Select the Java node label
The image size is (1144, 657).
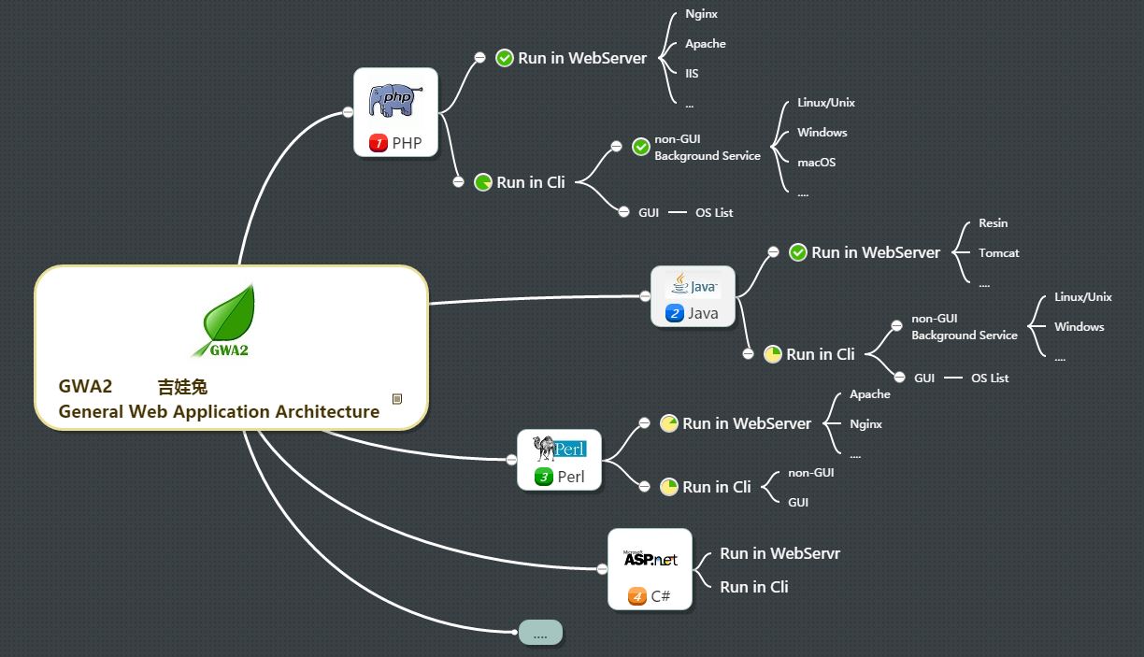703,314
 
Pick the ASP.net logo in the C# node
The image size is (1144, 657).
650,559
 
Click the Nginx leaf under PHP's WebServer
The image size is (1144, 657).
701,14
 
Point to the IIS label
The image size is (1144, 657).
692,74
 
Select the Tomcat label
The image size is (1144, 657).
998,253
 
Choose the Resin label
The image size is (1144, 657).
993,223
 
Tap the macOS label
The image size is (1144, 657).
816,163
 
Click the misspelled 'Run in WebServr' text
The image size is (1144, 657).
779,554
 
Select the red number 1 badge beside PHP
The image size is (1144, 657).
379,143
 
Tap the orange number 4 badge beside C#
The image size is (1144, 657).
637,595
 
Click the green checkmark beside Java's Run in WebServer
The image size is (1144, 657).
798,252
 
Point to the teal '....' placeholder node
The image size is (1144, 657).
540,633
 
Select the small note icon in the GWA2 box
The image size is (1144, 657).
397,399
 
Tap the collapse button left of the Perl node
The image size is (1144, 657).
511,460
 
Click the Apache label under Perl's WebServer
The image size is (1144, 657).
869,394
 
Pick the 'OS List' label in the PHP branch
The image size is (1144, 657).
714,213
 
